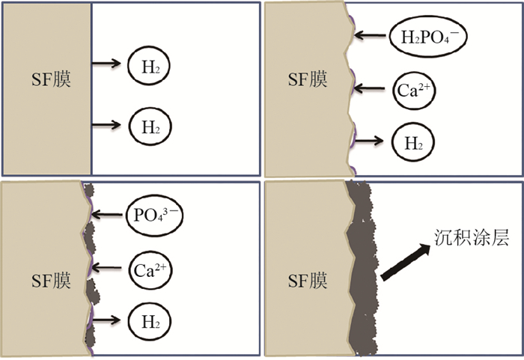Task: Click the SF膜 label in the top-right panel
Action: click(308, 79)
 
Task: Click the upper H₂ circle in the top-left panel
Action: click(150, 66)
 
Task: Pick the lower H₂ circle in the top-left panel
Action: click(150, 125)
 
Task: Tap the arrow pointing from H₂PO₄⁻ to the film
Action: click(371, 34)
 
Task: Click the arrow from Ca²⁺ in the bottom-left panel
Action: click(109, 267)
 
